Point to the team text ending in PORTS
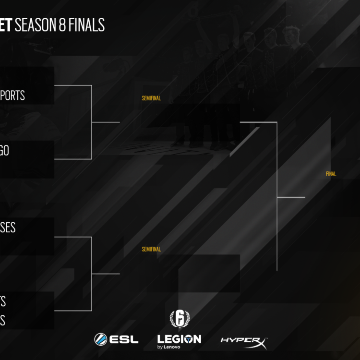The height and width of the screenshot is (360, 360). coord(12,96)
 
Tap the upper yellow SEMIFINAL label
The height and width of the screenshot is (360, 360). coord(151,98)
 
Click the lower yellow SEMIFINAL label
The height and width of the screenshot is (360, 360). coord(151,249)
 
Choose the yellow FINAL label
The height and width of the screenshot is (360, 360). coord(331,174)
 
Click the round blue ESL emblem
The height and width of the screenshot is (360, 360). coord(101,339)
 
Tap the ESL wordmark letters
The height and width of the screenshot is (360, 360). coord(124,339)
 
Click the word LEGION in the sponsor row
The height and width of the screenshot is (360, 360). coord(179,339)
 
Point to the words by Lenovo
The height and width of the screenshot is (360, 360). coord(169,347)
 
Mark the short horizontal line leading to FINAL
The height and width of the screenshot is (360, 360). coord(291,197)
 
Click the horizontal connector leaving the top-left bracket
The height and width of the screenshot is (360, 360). coord(106,122)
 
